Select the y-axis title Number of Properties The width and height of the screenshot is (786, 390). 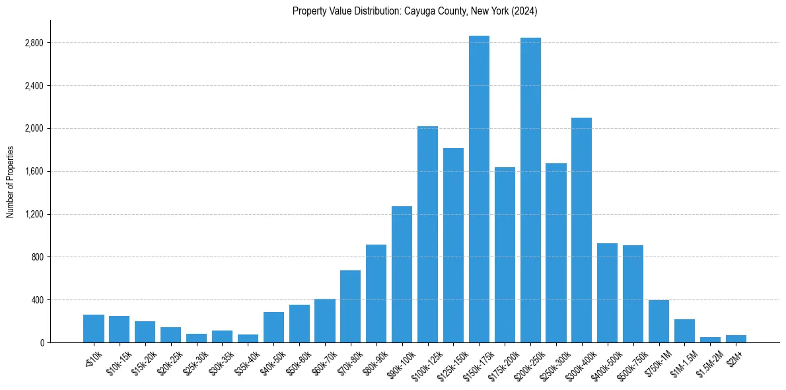[x=11, y=182]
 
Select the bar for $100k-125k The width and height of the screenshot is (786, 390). [x=427, y=234]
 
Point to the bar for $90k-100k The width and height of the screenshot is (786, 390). [x=402, y=274]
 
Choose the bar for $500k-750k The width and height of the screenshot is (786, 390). [x=633, y=293]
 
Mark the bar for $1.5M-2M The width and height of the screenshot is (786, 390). [x=710, y=340]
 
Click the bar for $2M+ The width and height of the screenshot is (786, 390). [x=736, y=338]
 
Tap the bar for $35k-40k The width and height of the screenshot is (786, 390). [x=248, y=338]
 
